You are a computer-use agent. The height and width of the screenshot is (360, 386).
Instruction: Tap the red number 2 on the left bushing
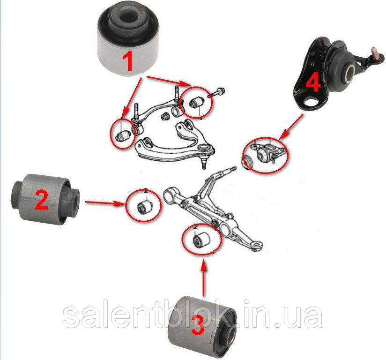[42, 200]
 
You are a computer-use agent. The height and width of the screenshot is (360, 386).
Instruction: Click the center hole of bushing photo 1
[127, 16]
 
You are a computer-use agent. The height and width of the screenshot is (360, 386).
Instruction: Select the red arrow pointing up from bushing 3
[204, 276]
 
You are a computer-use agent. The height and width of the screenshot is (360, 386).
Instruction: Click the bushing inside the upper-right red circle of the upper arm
[197, 101]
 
